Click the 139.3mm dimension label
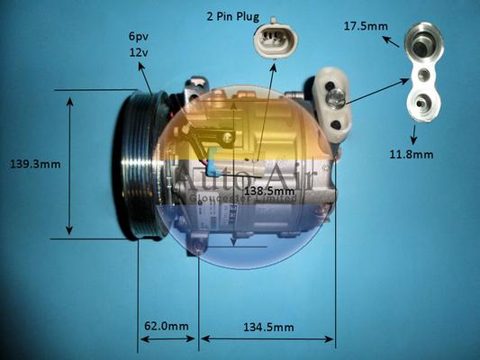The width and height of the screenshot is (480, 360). [x=35, y=164]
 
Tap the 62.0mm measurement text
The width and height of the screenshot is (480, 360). [x=167, y=326]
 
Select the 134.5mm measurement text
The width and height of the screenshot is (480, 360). [x=268, y=328]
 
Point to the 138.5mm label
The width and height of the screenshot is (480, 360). [x=269, y=192]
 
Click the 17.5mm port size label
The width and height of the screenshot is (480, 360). [x=366, y=26]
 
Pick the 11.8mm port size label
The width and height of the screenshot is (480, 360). [x=412, y=154]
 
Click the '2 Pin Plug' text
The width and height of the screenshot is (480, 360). [x=233, y=16]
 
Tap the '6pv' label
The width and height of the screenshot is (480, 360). [x=139, y=37]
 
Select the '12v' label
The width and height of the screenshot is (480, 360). [x=139, y=52]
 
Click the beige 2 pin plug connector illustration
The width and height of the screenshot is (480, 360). [x=276, y=40]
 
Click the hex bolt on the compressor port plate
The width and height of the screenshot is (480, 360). [x=336, y=99]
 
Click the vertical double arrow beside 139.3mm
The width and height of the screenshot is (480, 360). [x=70, y=166]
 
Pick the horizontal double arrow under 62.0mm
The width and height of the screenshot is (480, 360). [x=168, y=338]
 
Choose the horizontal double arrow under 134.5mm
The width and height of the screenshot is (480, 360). [x=267, y=338]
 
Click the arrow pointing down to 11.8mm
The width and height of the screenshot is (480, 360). [x=414, y=134]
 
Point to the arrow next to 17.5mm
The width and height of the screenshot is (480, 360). [x=391, y=41]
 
